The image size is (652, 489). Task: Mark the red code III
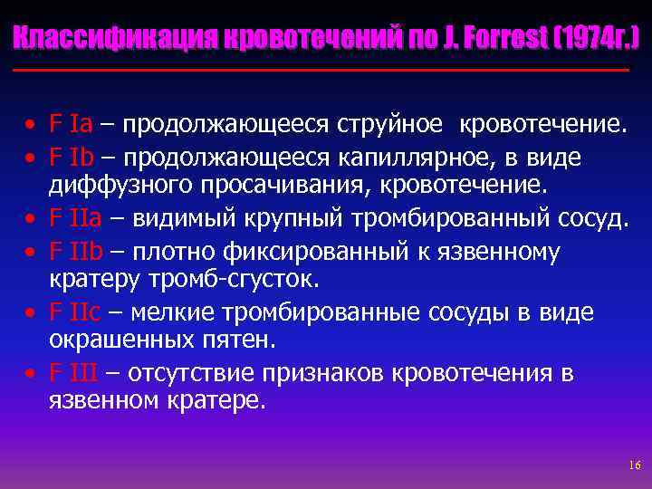tap(86, 372)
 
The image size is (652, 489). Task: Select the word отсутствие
tap(191, 372)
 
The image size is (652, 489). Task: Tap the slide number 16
tap(633, 465)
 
